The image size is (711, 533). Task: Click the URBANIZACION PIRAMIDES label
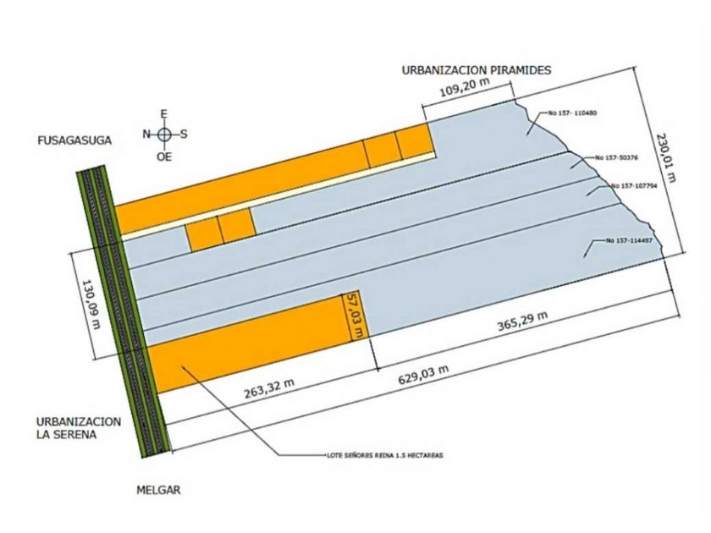(x=476, y=71)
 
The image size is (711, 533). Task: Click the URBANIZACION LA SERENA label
(x=79, y=427)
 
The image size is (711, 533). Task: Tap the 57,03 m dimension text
(x=357, y=316)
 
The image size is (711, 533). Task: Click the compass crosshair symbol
(x=164, y=133)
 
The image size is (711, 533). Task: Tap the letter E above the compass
(x=164, y=113)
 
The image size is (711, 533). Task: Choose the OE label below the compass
(x=164, y=157)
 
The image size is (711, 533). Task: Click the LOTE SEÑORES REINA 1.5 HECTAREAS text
(x=384, y=455)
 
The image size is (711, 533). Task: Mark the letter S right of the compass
(x=185, y=133)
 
